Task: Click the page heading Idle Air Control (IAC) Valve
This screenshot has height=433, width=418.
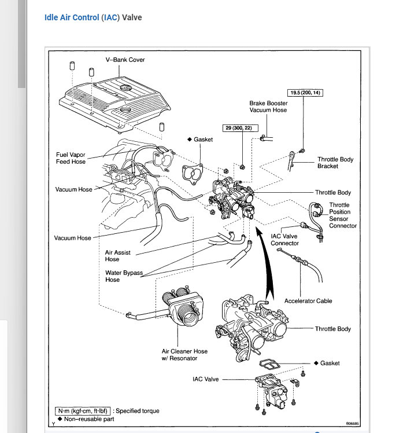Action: pos(93,17)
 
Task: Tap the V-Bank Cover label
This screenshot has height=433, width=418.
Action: pos(125,60)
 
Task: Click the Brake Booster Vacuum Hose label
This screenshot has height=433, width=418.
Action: pos(268,107)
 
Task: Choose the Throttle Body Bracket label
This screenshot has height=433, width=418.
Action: pos(335,163)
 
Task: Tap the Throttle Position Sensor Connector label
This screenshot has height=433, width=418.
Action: pos(343,215)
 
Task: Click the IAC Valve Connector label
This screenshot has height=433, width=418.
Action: pos(285,240)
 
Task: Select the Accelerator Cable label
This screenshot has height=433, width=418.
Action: pos(308,301)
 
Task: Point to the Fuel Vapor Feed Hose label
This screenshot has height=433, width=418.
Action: pos(71,158)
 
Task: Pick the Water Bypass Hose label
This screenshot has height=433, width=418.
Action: pos(124,276)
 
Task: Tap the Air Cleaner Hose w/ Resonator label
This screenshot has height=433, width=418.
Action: pos(184,354)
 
